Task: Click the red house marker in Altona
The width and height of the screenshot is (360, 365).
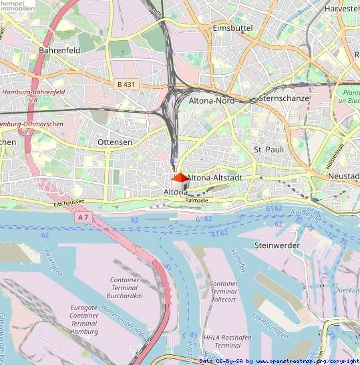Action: tap(180, 178)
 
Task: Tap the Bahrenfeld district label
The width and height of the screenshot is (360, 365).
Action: tap(59, 50)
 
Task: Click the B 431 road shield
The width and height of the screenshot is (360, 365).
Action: tap(125, 84)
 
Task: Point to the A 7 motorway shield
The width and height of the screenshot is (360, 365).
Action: tap(83, 217)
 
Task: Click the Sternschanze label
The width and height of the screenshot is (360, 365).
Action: tap(283, 98)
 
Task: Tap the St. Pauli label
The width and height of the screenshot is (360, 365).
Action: tap(269, 149)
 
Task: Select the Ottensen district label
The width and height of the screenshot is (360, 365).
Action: tap(115, 142)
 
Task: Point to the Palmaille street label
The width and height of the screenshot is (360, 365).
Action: tap(196, 199)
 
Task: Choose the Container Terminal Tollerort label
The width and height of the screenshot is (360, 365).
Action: tap(223, 291)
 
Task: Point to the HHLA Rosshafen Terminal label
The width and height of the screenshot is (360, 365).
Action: tap(223, 342)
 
